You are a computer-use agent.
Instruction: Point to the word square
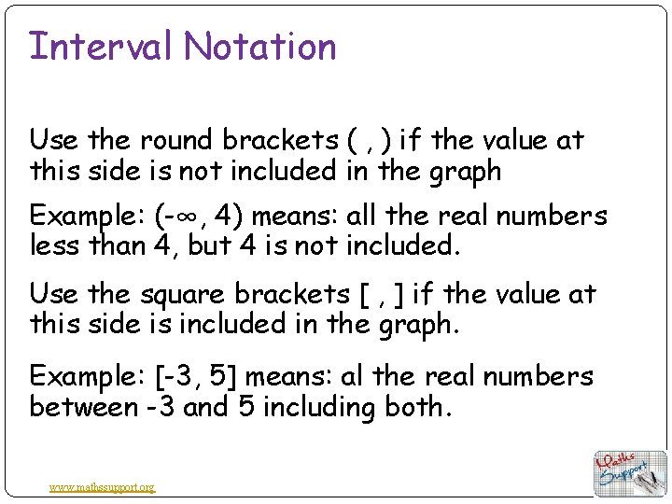[183, 294]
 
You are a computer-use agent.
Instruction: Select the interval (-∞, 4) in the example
[197, 217]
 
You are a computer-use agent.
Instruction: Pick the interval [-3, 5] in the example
[194, 376]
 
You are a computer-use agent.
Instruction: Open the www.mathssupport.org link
[103, 486]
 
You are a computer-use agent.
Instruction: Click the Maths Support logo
[631, 472]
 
